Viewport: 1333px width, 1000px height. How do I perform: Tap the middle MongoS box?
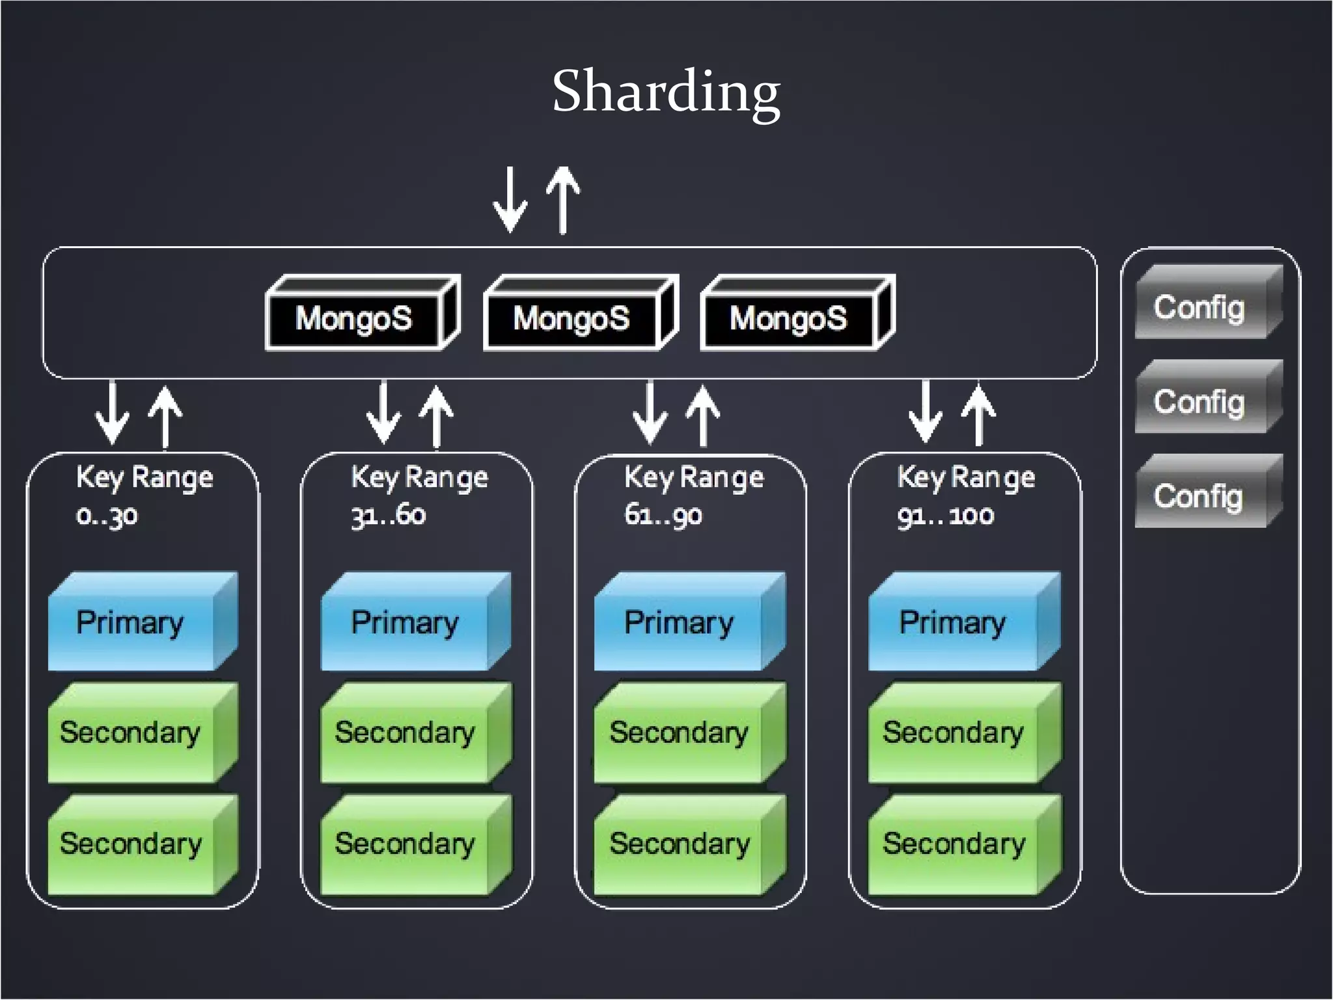[x=571, y=318]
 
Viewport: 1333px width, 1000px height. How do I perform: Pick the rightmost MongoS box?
[x=788, y=318]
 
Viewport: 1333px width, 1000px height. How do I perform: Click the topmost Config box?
[x=1200, y=307]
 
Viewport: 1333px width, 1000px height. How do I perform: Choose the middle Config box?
[x=1200, y=402]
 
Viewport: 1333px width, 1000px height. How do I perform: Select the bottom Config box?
[x=1200, y=496]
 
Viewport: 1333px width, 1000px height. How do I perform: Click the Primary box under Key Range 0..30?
[x=130, y=623]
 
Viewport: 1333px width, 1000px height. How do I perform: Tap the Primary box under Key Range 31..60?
[x=405, y=623]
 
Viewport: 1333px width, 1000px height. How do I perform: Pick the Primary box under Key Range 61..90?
[x=678, y=623]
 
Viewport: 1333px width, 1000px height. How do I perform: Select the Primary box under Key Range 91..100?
[x=952, y=623]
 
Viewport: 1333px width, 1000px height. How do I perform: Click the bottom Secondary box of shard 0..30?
[x=130, y=844]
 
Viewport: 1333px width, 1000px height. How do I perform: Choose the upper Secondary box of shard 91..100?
[x=952, y=733]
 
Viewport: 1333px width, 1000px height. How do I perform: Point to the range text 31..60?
[x=388, y=516]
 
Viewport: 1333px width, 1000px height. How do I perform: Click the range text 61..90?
[x=663, y=516]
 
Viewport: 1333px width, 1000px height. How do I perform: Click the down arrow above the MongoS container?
[x=510, y=199]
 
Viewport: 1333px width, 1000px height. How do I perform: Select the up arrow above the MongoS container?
[x=563, y=199]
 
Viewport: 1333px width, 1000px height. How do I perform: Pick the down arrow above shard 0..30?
[x=112, y=413]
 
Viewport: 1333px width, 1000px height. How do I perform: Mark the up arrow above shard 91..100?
[x=978, y=414]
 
